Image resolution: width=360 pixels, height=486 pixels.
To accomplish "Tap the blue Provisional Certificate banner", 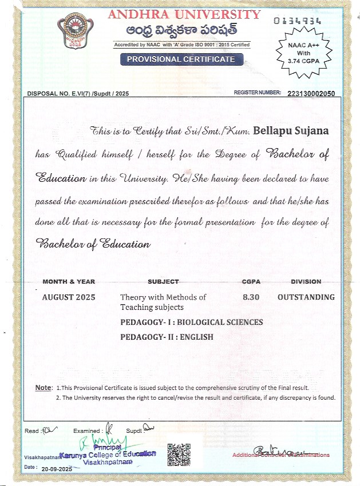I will [x=181, y=59].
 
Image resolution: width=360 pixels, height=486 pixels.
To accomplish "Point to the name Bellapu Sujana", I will [x=291, y=131].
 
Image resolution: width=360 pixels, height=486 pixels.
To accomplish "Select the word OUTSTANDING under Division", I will [x=306, y=297].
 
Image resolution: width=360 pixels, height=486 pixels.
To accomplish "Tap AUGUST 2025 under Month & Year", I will [x=69, y=297].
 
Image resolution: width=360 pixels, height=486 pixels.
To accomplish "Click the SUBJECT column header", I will [x=163, y=282].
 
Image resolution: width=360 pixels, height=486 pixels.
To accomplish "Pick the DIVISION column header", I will [x=306, y=282].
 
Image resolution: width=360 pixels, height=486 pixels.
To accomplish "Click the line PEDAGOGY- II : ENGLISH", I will [x=167, y=337].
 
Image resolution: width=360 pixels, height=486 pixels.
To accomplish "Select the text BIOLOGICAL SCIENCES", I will [x=220, y=322].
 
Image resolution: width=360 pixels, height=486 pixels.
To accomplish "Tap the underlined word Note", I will [x=43, y=388].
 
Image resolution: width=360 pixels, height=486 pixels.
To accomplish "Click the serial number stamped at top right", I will [x=297, y=21].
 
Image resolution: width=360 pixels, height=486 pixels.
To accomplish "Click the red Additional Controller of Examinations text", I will [x=280, y=455].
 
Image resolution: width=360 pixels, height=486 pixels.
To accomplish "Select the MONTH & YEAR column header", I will [x=69, y=282].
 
